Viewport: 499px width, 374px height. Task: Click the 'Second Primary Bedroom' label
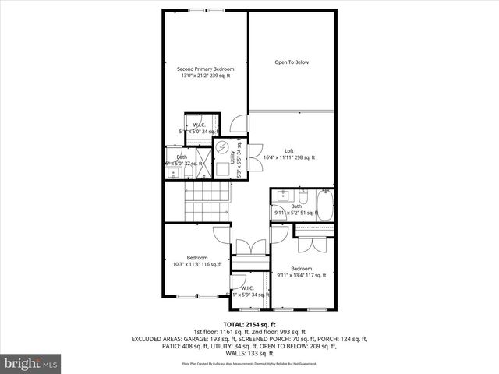click(x=207, y=69)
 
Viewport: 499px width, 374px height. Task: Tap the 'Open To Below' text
click(x=292, y=62)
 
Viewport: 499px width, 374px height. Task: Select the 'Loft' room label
click(x=288, y=150)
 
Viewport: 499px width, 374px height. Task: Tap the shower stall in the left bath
click(x=200, y=164)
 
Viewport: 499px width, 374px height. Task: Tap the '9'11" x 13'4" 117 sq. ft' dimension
click(x=302, y=275)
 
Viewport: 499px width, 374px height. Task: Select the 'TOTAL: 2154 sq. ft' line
click(x=249, y=324)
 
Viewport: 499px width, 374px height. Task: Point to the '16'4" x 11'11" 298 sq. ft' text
click(x=288, y=158)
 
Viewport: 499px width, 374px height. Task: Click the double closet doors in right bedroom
click(x=312, y=245)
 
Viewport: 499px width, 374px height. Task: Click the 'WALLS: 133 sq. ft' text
click(x=249, y=353)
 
